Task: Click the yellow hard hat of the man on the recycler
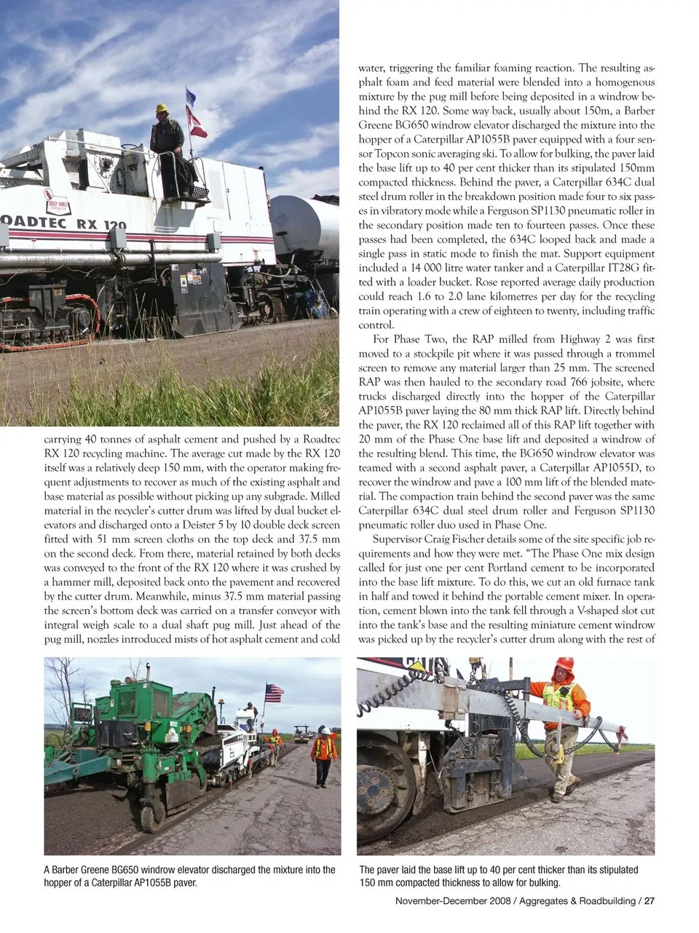(161, 108)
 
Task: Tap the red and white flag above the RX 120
(196, 122)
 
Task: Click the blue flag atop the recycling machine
(191, 95)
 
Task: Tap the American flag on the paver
(274, 693)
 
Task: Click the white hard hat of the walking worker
(325, 730)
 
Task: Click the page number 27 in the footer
(649, 901)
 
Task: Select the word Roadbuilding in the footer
(604, 901)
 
